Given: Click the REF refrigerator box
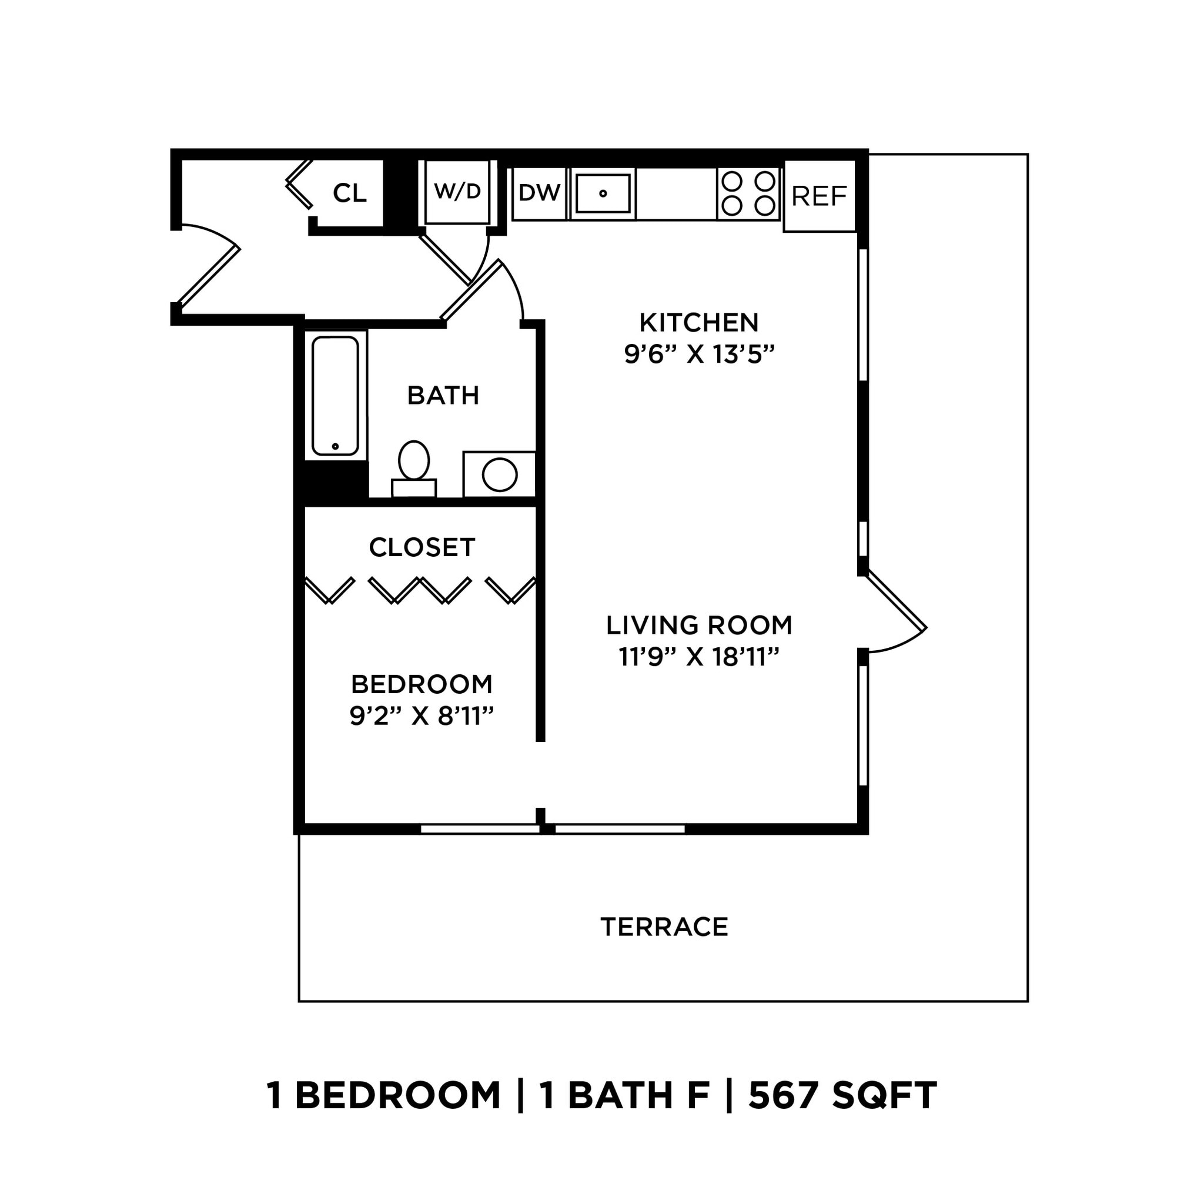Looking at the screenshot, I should click(818, 196).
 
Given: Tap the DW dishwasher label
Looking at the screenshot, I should click(539, 193).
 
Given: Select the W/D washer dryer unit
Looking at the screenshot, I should click(457, 191).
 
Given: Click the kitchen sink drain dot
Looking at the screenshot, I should click(603, 193).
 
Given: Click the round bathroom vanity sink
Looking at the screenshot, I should click(499, 474).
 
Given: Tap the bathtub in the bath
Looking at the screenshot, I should click(335, 395).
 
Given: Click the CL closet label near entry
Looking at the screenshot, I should click(349, 193).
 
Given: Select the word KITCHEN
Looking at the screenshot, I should click(698, 323).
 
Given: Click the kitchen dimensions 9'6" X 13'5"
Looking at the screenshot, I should click(698, 354).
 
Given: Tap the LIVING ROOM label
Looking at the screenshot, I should click(698, 625).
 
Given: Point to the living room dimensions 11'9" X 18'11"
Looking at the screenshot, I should click(698, 657).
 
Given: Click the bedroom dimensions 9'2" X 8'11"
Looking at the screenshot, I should click(422, 716).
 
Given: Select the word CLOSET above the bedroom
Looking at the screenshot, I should click(422, 547).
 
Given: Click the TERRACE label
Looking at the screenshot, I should click(664, 927).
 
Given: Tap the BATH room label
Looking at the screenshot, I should click(443, 395).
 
